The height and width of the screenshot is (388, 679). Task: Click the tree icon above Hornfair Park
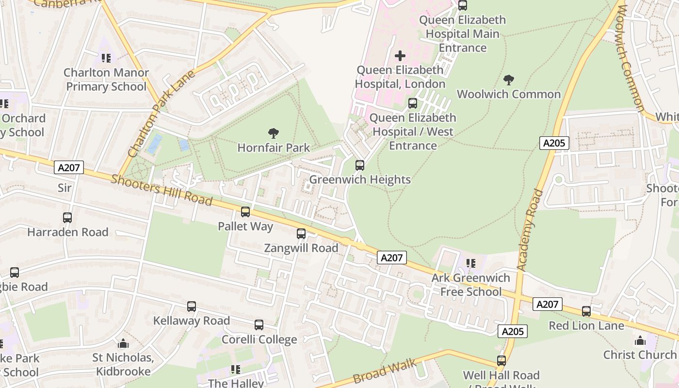tap(274, 133)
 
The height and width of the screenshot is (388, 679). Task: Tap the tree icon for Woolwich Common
tap(509, 80)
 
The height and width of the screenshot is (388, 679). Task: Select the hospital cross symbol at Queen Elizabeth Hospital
tap(400, 56)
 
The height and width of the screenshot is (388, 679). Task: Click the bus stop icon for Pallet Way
tap(245, 212)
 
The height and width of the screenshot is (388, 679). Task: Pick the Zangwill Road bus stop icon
tap(301, 234)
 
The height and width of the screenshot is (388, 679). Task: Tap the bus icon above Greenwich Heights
tap(360, 165)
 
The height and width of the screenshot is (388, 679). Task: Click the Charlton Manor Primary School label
tap(106, 80)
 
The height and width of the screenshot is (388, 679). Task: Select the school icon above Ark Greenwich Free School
tap(471, 263)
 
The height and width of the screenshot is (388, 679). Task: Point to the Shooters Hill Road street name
tap(162, 190)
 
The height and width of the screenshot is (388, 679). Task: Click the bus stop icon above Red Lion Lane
tap(586, 311)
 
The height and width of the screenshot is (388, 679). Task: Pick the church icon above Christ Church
tap(640, 340)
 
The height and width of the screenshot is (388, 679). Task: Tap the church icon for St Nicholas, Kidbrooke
tap(124, 344)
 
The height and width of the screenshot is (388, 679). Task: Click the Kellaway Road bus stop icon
tap(192, 307)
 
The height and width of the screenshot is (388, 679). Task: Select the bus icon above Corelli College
tap(259, 325)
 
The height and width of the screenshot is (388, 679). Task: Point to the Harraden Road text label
tap(67, 232)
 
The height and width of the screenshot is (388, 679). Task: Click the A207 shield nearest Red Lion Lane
tap(548, 304)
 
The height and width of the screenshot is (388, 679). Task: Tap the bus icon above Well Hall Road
tap(501, 361)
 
